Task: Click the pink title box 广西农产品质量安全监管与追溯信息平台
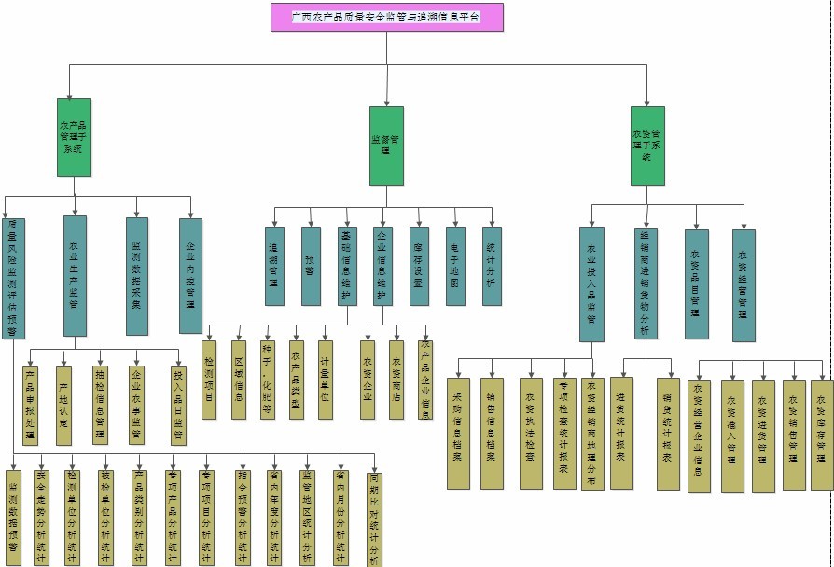click(x=386, y=17)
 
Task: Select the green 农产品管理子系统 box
click(x=74, y=137)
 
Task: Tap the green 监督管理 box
click(x=386, y=145)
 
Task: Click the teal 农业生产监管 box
click(x=75, y=276)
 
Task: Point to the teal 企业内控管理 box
click(x=190, y=276)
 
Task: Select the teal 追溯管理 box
click(x=274, y=266)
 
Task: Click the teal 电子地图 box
click(x=455, y=266)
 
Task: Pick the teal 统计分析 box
click(x=492, y=266)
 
